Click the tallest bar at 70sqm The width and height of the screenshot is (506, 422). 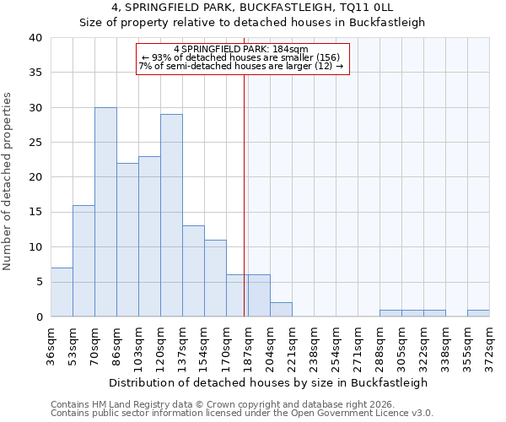(x=105, y=212)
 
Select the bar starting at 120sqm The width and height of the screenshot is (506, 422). (x=171, y=215)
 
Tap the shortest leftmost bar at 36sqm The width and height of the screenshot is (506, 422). (x=62, y=292)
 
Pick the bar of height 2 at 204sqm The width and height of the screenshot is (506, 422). (x=281, y=310)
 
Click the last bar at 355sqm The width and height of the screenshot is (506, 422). (x=478, y=313)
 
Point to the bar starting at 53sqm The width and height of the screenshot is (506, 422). (x=83, y=261)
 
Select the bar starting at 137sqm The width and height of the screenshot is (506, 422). (x=193, y=271)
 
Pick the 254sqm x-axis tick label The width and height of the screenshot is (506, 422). (x=336, y=346)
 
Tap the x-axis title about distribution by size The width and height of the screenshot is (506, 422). (x=268, y=382)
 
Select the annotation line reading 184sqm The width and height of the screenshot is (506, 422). (x=242, y=49)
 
